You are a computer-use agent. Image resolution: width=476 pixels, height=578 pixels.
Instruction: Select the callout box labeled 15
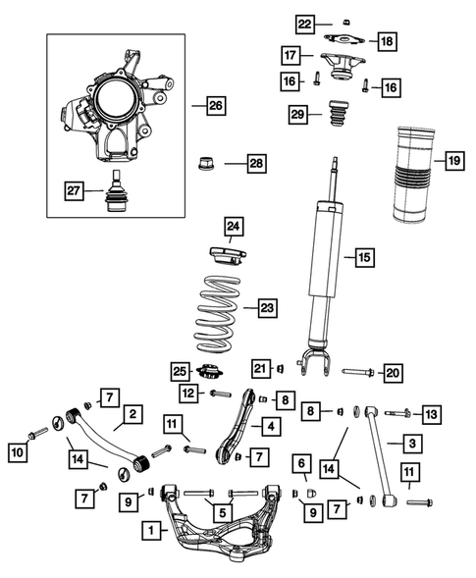click(x=363, y=258)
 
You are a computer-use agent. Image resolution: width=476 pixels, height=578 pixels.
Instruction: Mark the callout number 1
click(x=152, y=531)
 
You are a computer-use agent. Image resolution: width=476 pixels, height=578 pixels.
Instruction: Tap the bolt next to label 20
click(x=357, y=372)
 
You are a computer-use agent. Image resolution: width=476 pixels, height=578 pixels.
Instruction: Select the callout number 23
click(x=267, y=308)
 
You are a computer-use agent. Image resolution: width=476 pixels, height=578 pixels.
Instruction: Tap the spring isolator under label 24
click(x=229, y=258)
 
